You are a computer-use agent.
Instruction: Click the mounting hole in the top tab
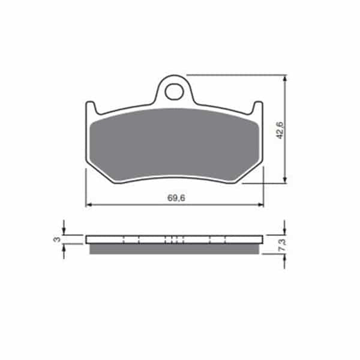coord(175,92)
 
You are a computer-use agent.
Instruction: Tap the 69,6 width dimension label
coord(176,198)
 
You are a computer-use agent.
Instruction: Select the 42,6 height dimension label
coord(280,130)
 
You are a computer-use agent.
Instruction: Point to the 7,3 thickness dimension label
coord(283,245)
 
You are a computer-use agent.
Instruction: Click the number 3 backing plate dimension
coord(57,239)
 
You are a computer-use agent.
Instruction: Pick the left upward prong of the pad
coord(91,107)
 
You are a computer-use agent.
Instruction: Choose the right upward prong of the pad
coord(257,107)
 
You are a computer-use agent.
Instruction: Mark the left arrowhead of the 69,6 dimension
coord(89,205)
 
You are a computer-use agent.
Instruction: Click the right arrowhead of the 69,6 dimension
coord(260,205)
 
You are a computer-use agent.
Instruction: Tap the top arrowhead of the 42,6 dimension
coord(285,79)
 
